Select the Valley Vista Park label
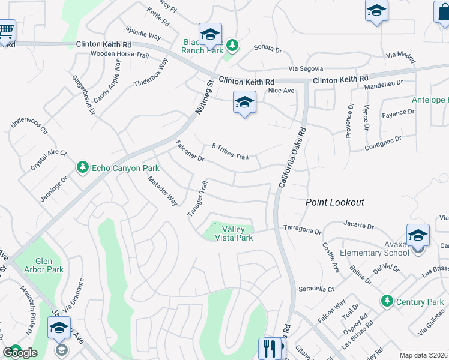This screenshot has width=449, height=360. (x=237, y=233)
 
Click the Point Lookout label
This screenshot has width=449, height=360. (x=335, y=202)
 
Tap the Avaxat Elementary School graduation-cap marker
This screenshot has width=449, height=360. (x=418, y=235)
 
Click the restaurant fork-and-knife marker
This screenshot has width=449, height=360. (x=268, y=348)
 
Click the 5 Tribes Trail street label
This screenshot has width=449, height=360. (x=230, y=152)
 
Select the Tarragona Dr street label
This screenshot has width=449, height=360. (x=302, y=230)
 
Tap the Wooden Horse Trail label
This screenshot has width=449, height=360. (x=119, y=55)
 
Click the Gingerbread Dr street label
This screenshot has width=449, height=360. (x=83, y=95)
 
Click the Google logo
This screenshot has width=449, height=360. (x=20, y=353)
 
